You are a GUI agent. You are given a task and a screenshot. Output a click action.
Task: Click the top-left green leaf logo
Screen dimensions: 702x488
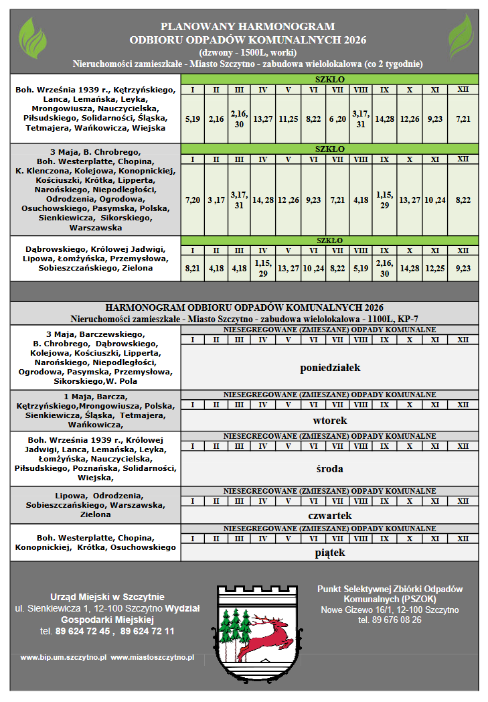[32, 38]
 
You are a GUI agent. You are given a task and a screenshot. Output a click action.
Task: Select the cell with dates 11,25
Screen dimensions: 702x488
[288, 119]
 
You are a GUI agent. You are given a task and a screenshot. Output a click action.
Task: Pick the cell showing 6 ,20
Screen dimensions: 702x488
[337, 119]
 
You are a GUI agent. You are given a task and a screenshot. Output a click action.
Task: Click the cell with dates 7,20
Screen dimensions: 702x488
[192, 200]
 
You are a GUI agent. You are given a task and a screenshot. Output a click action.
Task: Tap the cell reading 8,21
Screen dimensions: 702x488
[192, 267]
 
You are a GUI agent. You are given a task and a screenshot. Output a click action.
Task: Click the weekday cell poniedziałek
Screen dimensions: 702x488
[330, 367]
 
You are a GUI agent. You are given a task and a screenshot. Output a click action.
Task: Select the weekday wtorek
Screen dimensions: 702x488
[330, 421]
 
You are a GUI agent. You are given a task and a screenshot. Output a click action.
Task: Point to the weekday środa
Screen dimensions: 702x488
[330, 468]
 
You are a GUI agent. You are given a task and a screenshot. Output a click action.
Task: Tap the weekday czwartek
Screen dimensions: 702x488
[330, 515]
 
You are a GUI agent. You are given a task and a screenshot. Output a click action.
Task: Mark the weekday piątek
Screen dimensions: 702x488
[330, 553]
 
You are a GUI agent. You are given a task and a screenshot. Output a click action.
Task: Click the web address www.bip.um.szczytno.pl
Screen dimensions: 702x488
[64, 658]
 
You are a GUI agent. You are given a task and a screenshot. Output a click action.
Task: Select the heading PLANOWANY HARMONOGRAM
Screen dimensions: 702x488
[248, 27]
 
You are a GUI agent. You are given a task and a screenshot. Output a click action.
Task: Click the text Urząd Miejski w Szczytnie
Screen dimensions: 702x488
[107, 597]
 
